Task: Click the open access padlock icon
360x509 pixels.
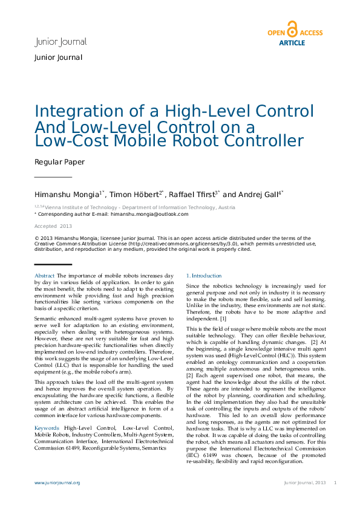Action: (x=292, y=30)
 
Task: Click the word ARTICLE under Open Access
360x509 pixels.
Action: (x=292, y=43)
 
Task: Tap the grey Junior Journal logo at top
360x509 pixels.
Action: (x=61, y=42)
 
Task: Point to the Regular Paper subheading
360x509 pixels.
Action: (x=59, y=162)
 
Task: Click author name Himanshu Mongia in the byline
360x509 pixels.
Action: (x=67, y=195)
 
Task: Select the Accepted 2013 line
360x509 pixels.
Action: (x=53, y=226)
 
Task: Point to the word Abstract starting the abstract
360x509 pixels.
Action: (x=45, y=276)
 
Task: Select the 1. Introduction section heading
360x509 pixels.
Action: (x=203, y=276)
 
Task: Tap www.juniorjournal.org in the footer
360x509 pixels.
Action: (x=57, y=483)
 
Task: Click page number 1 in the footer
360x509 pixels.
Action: (x=335, y=483)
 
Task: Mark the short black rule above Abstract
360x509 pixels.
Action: (x=53, y=265)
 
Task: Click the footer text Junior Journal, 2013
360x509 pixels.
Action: (x=305, y=483)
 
